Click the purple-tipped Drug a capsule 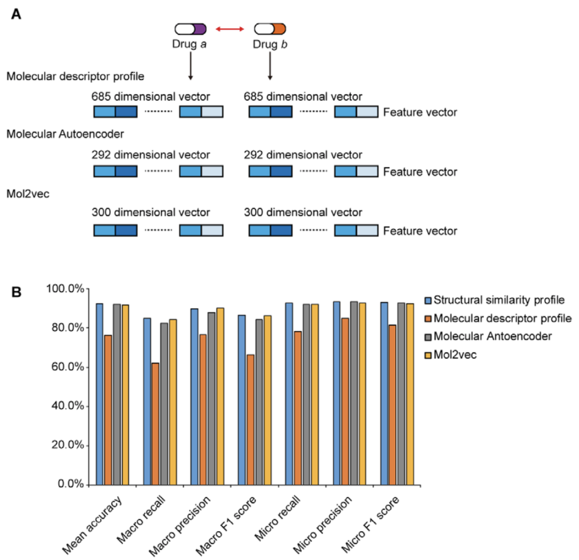click(x=190, y=28)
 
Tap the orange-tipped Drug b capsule click(x=270, y=28)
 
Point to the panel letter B click(x=17, y=292)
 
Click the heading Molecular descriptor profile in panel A click(x=75, y=76)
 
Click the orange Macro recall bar click(x=155, y=424)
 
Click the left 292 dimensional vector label click(x=151, y=154)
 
